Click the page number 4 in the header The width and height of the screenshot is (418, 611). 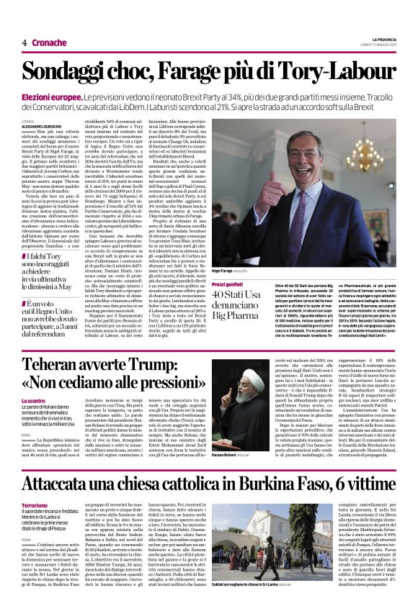pyautogui.click(x=24, y=42)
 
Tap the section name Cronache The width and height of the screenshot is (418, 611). pyautogui.click(x=48, y=42)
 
